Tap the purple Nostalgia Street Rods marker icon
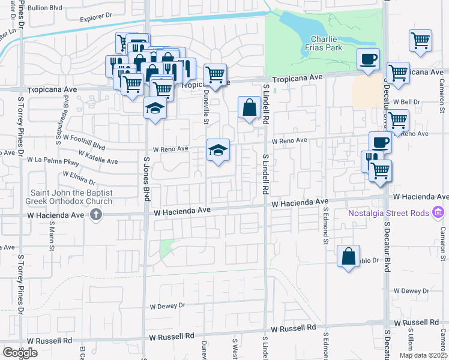click(438, 212)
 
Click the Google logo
click(20, 353)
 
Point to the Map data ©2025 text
click(423, 355)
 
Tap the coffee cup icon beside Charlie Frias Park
click(368, 59)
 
